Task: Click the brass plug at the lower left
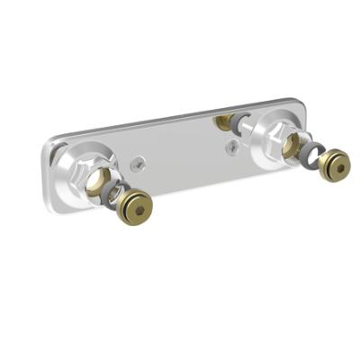point(138,208)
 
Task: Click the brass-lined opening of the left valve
point(100,179)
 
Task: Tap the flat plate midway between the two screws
point(184,154)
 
